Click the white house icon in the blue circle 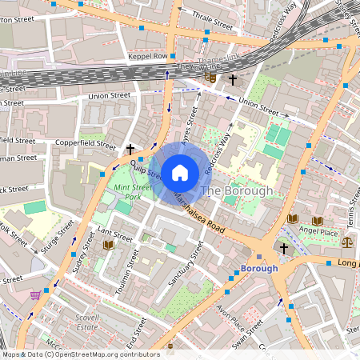coord(180,171)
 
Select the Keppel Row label coord(147,57)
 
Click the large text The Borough coord(236,190)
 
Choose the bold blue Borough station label coord(259,268)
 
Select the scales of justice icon coord(346,241)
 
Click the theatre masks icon coord(210,78)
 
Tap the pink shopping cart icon coord(35,294)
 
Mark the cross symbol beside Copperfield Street coord(130,149)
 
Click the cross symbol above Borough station coord(283,248)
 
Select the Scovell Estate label coord(82,321)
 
